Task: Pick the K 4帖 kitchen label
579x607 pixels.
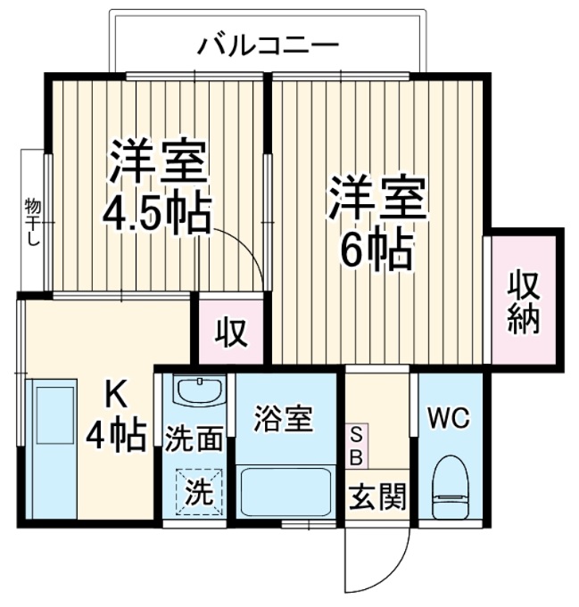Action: coord(116,417)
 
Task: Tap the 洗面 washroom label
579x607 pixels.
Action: coord(194,439)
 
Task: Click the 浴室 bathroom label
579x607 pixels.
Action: coord(284,419)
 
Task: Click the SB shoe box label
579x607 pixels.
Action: coord(355,446)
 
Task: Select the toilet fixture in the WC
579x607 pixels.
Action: coord(450,488)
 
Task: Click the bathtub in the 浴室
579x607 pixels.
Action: coord(285,491)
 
